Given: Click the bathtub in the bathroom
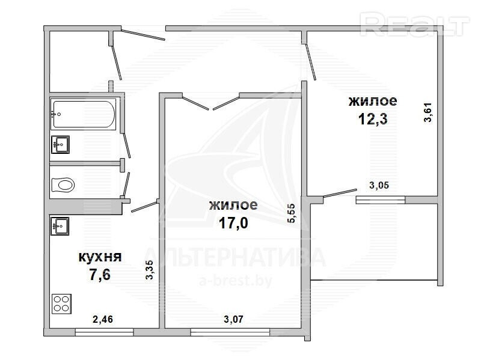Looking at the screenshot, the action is coord(83,114).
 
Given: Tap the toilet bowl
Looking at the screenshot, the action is coord(63,185).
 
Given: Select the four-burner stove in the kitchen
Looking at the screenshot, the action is coord(61,304).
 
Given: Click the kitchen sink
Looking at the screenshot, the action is coord(60,226).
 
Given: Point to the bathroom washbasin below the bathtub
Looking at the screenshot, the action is coord(60,144).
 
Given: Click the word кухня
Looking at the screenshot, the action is coord(100,257).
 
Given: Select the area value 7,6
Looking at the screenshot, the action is coord(100,274).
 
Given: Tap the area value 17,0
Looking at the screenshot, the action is coord(233,223).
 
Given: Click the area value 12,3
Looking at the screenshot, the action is coord(373,118).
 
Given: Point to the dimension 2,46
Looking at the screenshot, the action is coord(103,319).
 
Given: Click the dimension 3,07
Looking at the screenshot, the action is coord(233,319).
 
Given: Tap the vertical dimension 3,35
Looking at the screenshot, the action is coord(149,269).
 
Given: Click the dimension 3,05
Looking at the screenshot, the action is coord(379,185).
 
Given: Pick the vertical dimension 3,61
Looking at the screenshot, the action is coord(427,112).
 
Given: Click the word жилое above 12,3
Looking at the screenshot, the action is coord(373,101).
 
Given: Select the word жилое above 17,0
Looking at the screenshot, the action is coord(233,205).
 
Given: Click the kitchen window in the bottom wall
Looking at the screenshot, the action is coord(104,332).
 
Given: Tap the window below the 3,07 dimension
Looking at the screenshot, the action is coord(230,332).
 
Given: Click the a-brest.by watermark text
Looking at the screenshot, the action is coord(236,281).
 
